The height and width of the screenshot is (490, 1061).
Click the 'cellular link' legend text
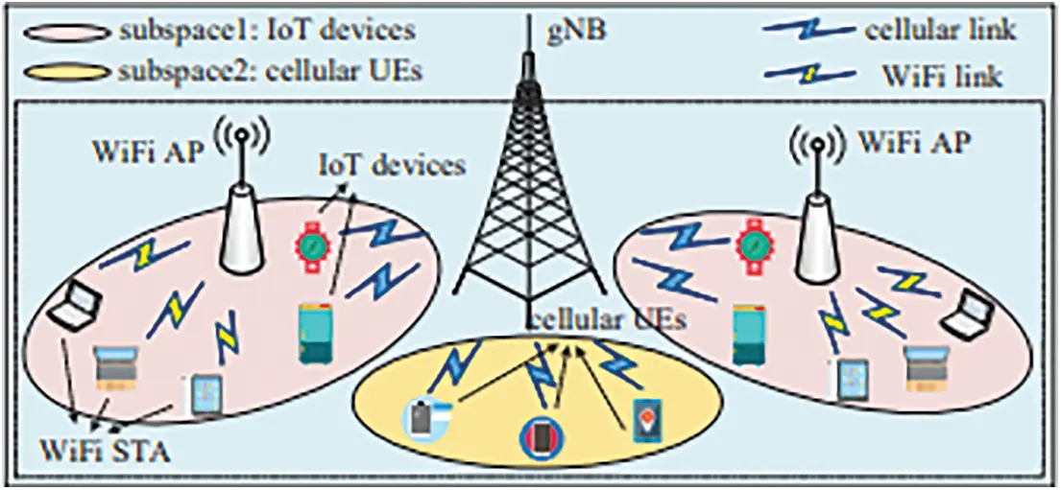tap(939, 30)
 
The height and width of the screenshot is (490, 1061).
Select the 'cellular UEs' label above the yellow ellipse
tap(608, 319)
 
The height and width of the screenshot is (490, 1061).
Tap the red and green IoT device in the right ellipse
tap(755, 245)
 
